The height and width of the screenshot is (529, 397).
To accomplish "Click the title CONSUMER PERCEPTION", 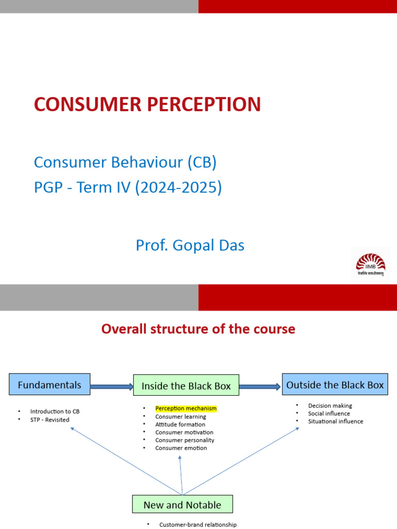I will [147, 104].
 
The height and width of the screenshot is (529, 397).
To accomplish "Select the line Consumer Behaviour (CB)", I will [125, 162].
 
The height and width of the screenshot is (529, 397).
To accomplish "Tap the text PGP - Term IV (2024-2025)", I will [128, 188].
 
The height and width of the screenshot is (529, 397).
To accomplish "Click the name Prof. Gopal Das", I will [190, 245].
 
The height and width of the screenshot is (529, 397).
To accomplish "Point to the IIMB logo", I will [370, 264].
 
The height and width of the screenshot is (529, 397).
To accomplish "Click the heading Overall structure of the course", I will [198, 329].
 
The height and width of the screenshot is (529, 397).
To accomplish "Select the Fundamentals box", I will [50, 385].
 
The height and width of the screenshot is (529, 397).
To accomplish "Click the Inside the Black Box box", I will [186, 386].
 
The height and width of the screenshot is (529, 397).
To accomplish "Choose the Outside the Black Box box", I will [335, 385].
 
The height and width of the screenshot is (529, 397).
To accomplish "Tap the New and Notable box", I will [182, 505].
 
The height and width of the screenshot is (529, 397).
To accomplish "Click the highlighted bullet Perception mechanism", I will [186, 409].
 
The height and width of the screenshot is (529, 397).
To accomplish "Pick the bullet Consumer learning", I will [180, 416].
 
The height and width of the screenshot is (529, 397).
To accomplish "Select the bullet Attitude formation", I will [180, 424].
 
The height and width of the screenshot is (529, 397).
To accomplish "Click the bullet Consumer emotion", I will [181, 448].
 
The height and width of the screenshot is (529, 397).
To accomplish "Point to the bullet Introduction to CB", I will [55, 412].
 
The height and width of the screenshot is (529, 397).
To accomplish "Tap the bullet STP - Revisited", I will [50, 419].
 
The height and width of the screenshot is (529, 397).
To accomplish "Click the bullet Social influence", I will [329, 413].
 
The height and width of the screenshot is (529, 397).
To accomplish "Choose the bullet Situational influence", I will [335, 421].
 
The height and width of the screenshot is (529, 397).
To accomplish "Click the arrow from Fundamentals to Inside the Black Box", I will [112, 385].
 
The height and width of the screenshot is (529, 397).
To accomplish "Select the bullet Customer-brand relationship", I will [197, 524].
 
